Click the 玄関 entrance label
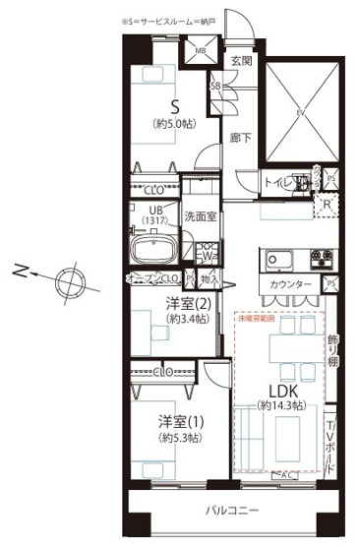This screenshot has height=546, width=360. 241,61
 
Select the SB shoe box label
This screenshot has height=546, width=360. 215,86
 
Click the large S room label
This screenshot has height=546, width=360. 174,106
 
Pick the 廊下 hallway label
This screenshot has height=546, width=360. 240,138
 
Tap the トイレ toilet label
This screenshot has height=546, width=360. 277,183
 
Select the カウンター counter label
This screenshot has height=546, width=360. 291,285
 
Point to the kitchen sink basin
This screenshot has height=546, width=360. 278,260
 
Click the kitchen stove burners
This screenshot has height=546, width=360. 322,261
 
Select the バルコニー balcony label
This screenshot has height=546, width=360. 231,512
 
